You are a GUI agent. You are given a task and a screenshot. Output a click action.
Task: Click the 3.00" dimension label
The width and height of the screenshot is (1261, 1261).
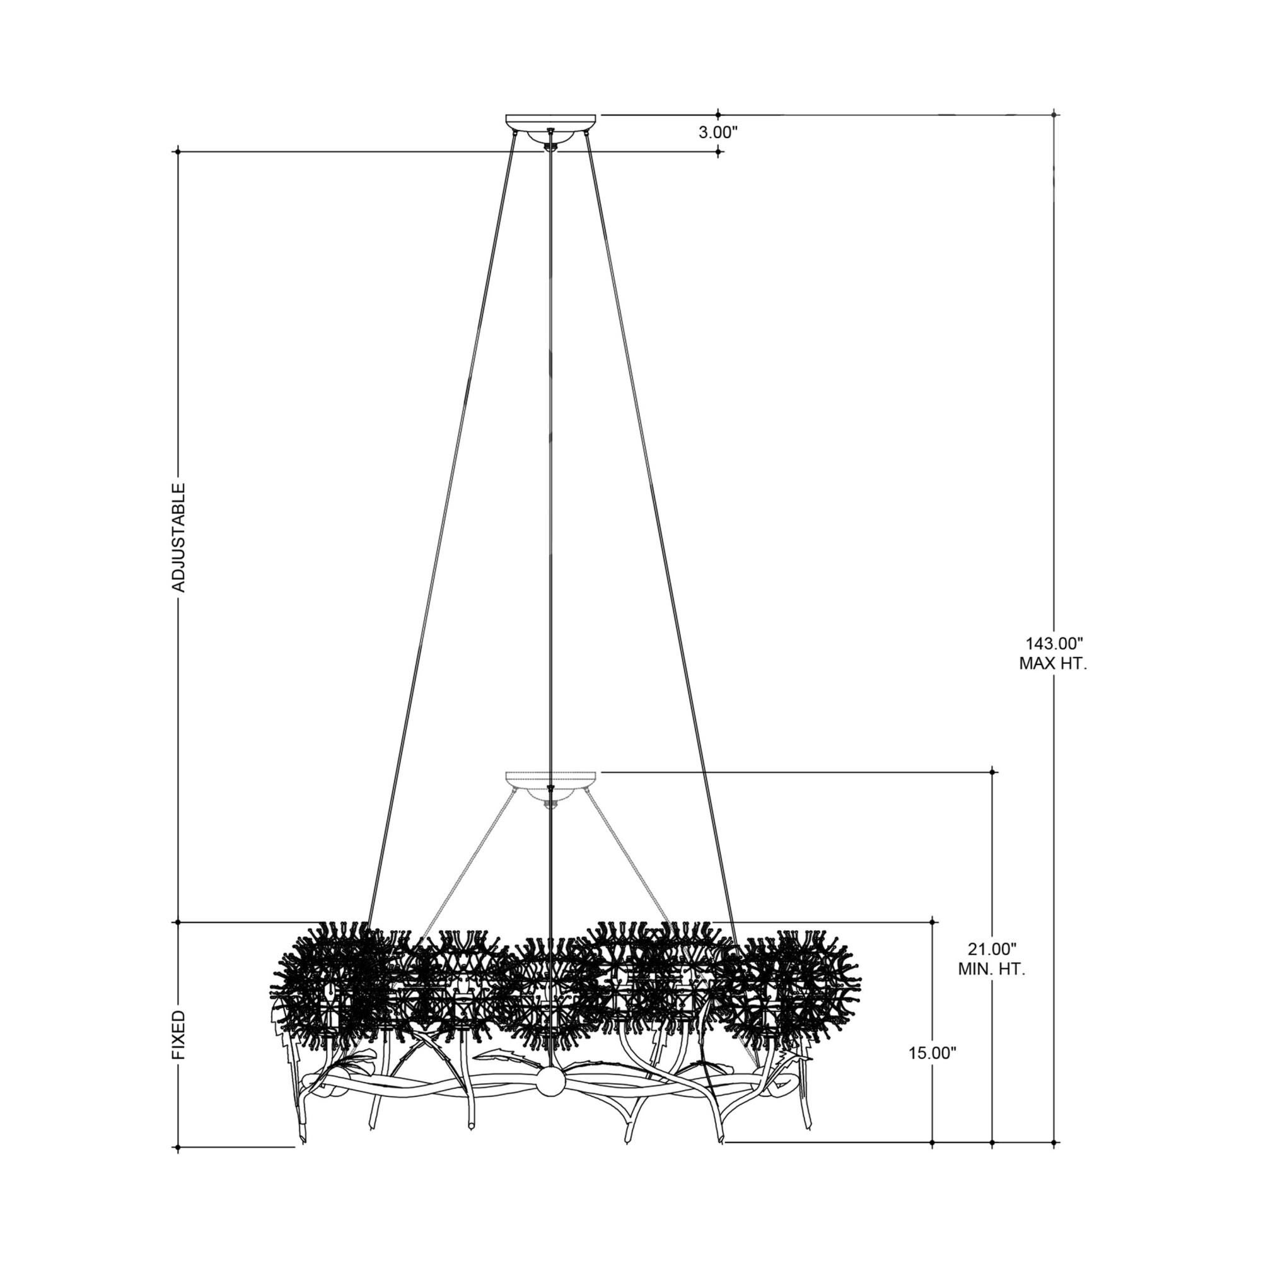tap(718, 132)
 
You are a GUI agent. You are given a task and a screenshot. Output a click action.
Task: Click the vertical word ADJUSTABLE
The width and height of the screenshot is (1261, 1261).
tap(178, 537)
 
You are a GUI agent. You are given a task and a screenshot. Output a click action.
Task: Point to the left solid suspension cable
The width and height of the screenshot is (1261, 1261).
tap(444, 522)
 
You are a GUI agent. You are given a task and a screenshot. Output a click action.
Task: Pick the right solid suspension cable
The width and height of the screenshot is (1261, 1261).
tap(660, 522)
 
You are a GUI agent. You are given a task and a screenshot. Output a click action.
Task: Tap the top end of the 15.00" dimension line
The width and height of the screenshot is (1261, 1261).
tap(932, 922)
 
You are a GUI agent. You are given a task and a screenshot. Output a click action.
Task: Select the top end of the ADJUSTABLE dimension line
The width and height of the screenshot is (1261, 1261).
tap(178, 152)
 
